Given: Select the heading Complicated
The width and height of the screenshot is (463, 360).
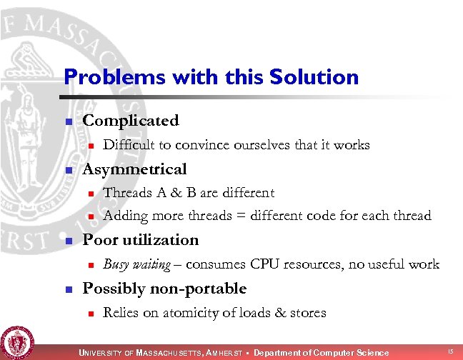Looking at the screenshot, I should coord(131,121).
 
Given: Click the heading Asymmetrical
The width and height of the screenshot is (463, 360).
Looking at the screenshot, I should coord(135,169).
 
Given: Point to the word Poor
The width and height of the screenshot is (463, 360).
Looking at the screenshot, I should coord(101,239).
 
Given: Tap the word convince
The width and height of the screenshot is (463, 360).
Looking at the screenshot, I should coord(199,145).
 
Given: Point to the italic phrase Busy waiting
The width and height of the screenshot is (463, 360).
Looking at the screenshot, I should coord(137,264).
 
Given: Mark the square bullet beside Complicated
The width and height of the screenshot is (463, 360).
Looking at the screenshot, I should coord(69,122).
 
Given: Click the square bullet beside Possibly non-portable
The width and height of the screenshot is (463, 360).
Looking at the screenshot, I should coord(69,290).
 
